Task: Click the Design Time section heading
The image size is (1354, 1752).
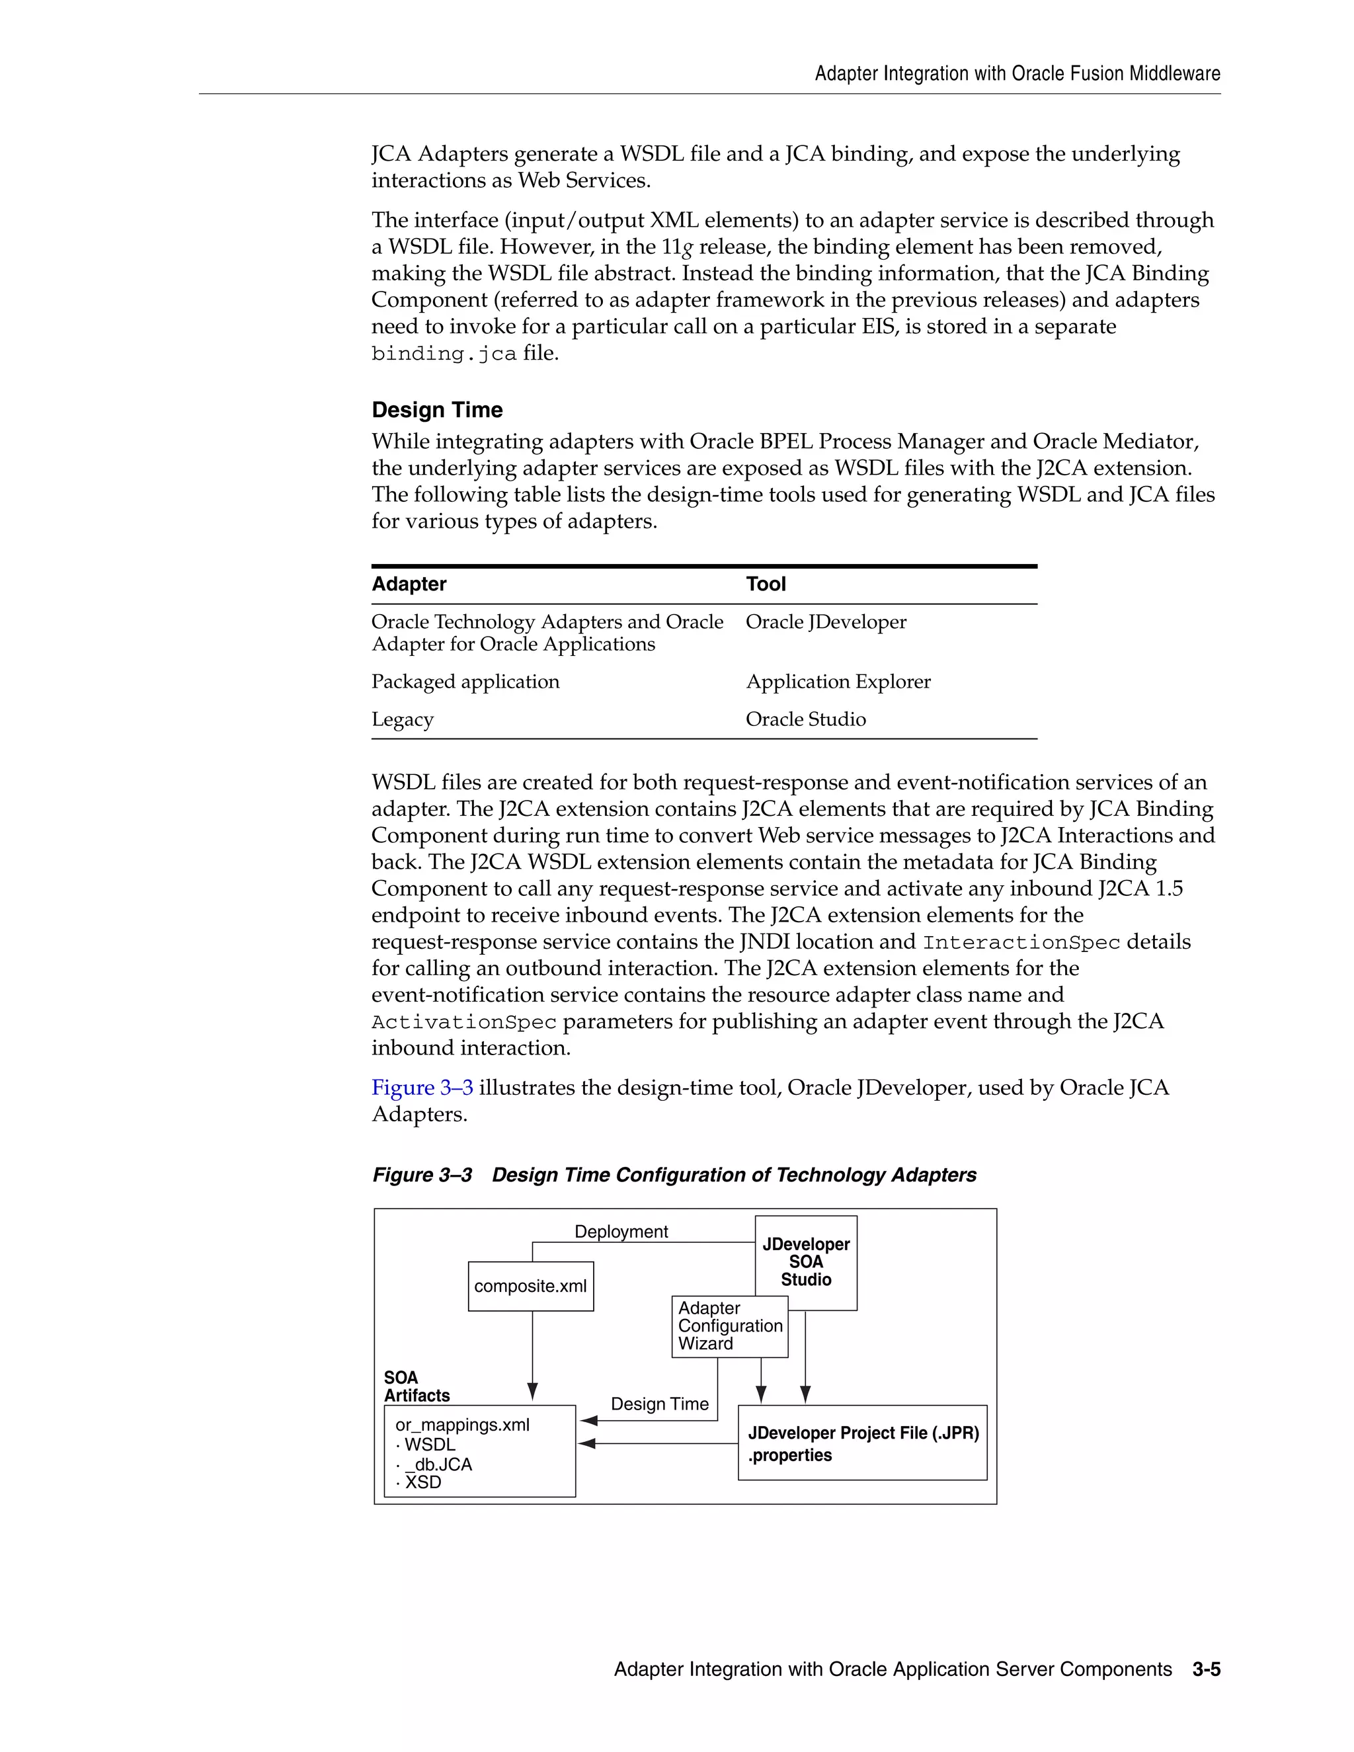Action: click(436, 410)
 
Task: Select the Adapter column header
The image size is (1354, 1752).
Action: click(409, 584)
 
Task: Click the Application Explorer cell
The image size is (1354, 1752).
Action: click(838, 682)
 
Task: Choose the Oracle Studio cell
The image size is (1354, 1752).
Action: click(805, 719)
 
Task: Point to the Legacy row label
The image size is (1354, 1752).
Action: click(402, 719)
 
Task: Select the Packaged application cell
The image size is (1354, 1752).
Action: click(465, 682)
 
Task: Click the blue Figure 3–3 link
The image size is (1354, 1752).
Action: click(422, 1088)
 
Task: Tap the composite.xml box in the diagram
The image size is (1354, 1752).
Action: click(530, 1286)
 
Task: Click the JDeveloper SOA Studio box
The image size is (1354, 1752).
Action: click(805, 1262)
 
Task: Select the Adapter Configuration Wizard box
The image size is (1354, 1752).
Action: click(729, 1326)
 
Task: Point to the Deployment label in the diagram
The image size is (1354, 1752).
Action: click(621, 1232)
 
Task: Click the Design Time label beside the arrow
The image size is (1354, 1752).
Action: click(659, 1404)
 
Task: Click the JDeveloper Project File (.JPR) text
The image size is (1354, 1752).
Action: click(863, 1433)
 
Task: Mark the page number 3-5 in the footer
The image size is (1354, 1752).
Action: click(1206, 1669)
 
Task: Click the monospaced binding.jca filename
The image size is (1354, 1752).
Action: click(444, 354)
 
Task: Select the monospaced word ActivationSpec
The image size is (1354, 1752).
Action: click(463, 1022)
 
